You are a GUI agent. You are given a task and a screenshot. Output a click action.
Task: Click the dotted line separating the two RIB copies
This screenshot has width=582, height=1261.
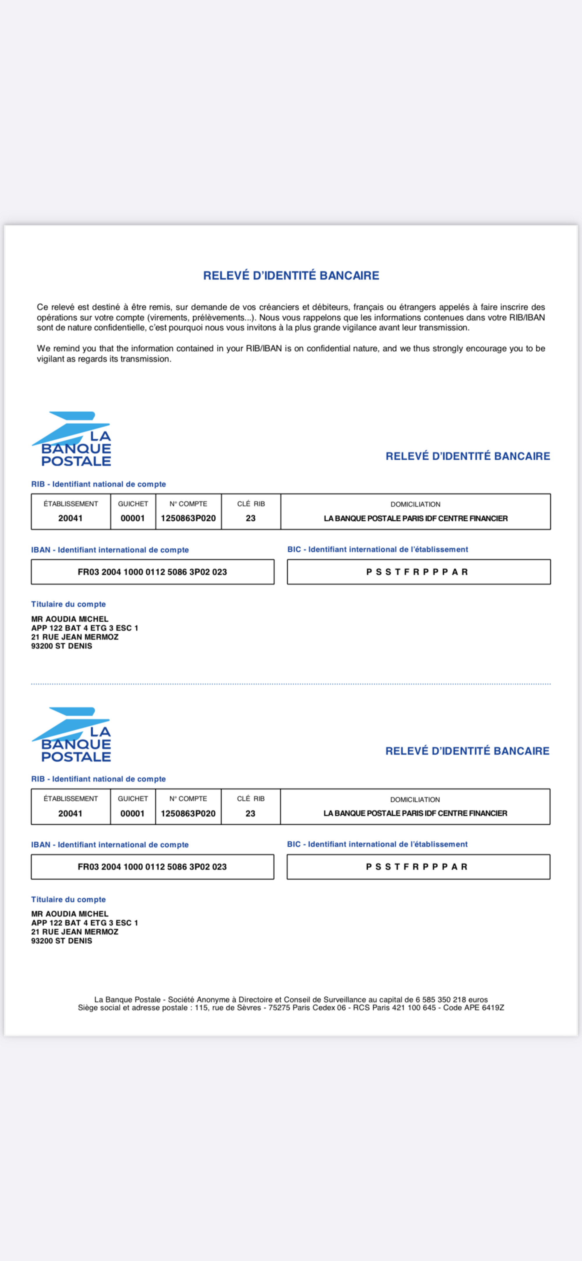pos(290,684)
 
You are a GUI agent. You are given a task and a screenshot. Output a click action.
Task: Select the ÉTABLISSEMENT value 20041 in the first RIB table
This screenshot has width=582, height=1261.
pos(70,518)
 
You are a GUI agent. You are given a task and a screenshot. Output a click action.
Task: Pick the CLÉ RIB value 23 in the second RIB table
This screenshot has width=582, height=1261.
pos(251,813)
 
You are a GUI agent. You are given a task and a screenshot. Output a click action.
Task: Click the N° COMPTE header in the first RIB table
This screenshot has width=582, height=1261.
pos(188,504)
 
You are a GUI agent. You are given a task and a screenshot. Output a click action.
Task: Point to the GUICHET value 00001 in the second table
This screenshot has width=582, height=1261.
pos(132,813)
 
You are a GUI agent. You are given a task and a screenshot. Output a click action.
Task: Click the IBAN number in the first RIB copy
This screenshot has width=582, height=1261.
pos(152,572)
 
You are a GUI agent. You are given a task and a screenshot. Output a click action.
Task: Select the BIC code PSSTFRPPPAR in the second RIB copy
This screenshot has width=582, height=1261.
pos(417,867)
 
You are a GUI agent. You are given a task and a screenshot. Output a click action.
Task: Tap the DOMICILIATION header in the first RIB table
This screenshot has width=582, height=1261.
pos(415,504)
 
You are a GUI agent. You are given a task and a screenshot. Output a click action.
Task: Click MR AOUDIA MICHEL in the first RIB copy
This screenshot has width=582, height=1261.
pos(70,619)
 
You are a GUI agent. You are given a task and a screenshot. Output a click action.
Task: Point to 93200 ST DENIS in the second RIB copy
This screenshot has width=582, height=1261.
pos(62,941)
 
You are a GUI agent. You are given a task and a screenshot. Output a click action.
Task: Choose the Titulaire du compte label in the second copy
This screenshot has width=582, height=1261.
pos(68,899)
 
